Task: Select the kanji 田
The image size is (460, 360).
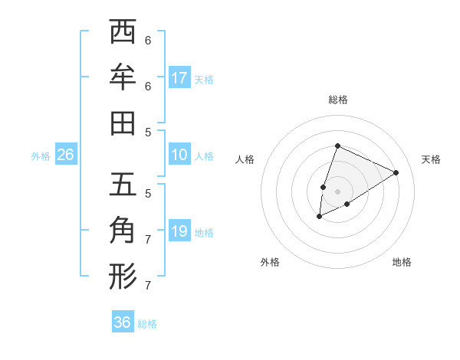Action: pos(123,122)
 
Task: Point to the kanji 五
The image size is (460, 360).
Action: pos(123,185)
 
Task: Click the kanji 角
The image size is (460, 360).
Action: pos(123,230)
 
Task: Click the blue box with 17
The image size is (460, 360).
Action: pos(179,77)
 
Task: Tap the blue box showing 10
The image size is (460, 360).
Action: pos(179,155)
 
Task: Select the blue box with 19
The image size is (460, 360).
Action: pos(179,231)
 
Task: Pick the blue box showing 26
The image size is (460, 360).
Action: pos(66,155)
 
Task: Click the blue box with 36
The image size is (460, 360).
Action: pos(123,322)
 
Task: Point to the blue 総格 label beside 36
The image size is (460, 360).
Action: pos(147,324)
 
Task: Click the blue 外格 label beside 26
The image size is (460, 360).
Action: pos(41,155)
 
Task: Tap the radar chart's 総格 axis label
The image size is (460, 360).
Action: pos(337,100)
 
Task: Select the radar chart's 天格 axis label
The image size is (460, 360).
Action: pos(431,159)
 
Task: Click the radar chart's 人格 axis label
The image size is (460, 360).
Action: pos(245,159)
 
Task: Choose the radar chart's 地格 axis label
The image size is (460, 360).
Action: pos(402,262)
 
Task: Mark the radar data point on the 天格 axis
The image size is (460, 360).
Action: pos(396,172)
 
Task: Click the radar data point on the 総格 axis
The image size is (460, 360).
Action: pos(337,146)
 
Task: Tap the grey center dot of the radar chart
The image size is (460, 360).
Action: pos(337,191)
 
